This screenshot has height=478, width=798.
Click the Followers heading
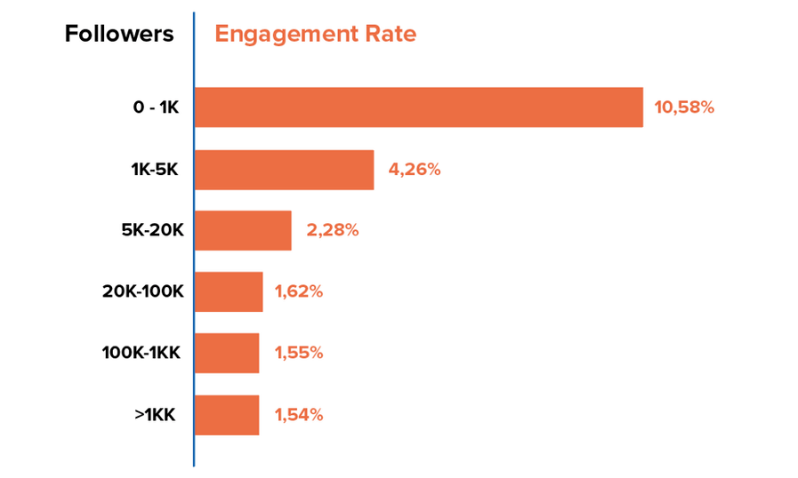click(x=119, y=34)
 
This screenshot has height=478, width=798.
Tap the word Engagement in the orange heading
click(x=281, y=35)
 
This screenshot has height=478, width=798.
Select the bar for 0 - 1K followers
click(x=418, y=108)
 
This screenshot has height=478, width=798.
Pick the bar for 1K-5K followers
click(x=284, y=170)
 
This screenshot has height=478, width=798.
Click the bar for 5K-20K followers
click(x=243, y=230)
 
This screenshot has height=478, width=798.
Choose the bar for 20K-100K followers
click(x=229, y=291)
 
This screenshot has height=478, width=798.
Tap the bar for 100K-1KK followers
click(x=227, y=353)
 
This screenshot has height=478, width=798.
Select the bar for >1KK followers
click(x=227, y=414)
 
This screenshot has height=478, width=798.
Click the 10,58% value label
click(x=684, y=108)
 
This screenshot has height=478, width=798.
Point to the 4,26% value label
click(x=414, y=170)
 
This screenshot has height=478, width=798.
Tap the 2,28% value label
click(x=332, y=230)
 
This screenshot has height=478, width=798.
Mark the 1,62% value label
click(x=298, y=291)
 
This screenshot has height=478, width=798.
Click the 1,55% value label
click(x=298, y=353)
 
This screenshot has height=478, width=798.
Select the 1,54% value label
click(x=298, y=414)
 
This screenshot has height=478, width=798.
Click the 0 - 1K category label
click(x=156, y=108)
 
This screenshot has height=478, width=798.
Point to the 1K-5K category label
click(x=155, y=170)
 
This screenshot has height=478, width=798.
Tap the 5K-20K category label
click(x=152, y=230)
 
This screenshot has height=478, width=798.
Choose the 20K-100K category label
click(x=143, y=291)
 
